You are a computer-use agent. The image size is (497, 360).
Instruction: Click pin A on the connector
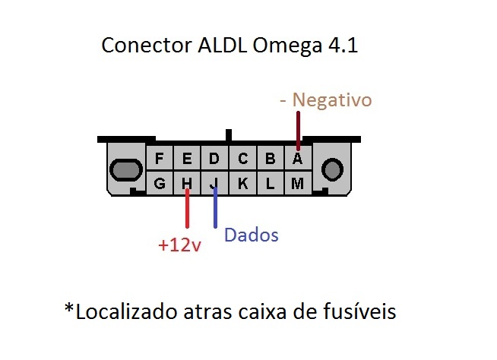(298, 159)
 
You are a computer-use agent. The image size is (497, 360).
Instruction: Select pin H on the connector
(186, 183)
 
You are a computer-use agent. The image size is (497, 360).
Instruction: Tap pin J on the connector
(215, 183)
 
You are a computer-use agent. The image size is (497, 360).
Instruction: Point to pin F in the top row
(160, 159)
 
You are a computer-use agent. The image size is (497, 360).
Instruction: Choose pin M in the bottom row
(298, 183)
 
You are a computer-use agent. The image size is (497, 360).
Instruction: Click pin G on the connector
(160, 183)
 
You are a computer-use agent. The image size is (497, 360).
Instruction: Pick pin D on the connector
(215, 159)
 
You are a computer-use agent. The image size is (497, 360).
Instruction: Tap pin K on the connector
(242, 183)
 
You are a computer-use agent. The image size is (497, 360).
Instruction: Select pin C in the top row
(242, 159)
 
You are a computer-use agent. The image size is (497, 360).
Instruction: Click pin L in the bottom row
(271, 183)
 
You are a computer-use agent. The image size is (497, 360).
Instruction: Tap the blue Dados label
(252, 235)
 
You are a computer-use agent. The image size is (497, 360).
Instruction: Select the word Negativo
(332, 100)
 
